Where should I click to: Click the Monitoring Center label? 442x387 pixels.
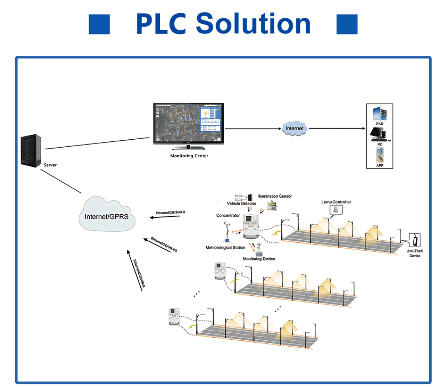pyautogui.click(x=189, y=156)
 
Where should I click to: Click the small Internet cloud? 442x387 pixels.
pyautogui.click(x=294, y=128)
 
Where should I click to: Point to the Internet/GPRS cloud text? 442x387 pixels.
pyautogui.click(x=107, y=216)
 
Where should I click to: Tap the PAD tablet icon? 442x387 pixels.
pyautogui.click(x=379, y=114)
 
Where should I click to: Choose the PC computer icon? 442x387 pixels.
pyautogui.click(x=379, y=134)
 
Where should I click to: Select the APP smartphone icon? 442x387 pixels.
pyautogui.click(x=380, y=156)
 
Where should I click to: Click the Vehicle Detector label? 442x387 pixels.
pyautogui.click(x=241, y=204)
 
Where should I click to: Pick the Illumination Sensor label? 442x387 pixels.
pyautogui.click(x=275, y=196)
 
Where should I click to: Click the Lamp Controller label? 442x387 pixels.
pyautogui.click(x=336, y=202)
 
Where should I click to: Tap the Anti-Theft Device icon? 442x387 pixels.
pyautogui.click(x=416, y=240)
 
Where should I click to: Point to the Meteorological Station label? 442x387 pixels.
pyautogui.click(x=225, y=248)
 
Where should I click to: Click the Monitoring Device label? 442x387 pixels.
pyautogui.click(x=259, y=259)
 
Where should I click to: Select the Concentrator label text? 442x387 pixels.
pyautogui.click(x=228, y=216)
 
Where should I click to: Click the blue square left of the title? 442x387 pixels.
pyautogui.click(x=99, y=24)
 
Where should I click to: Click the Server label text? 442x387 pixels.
pyautogui.click(x=50, y=165)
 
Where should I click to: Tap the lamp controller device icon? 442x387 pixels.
pyautogui.click(x=335, y=210)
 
